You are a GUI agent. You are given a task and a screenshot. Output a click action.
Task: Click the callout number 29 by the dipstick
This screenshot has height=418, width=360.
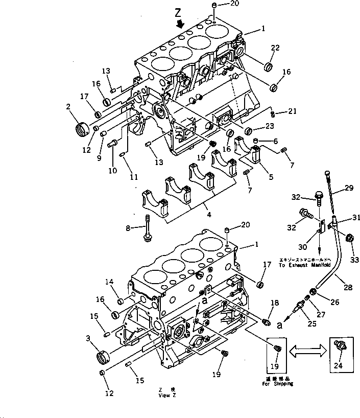point(348,189)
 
